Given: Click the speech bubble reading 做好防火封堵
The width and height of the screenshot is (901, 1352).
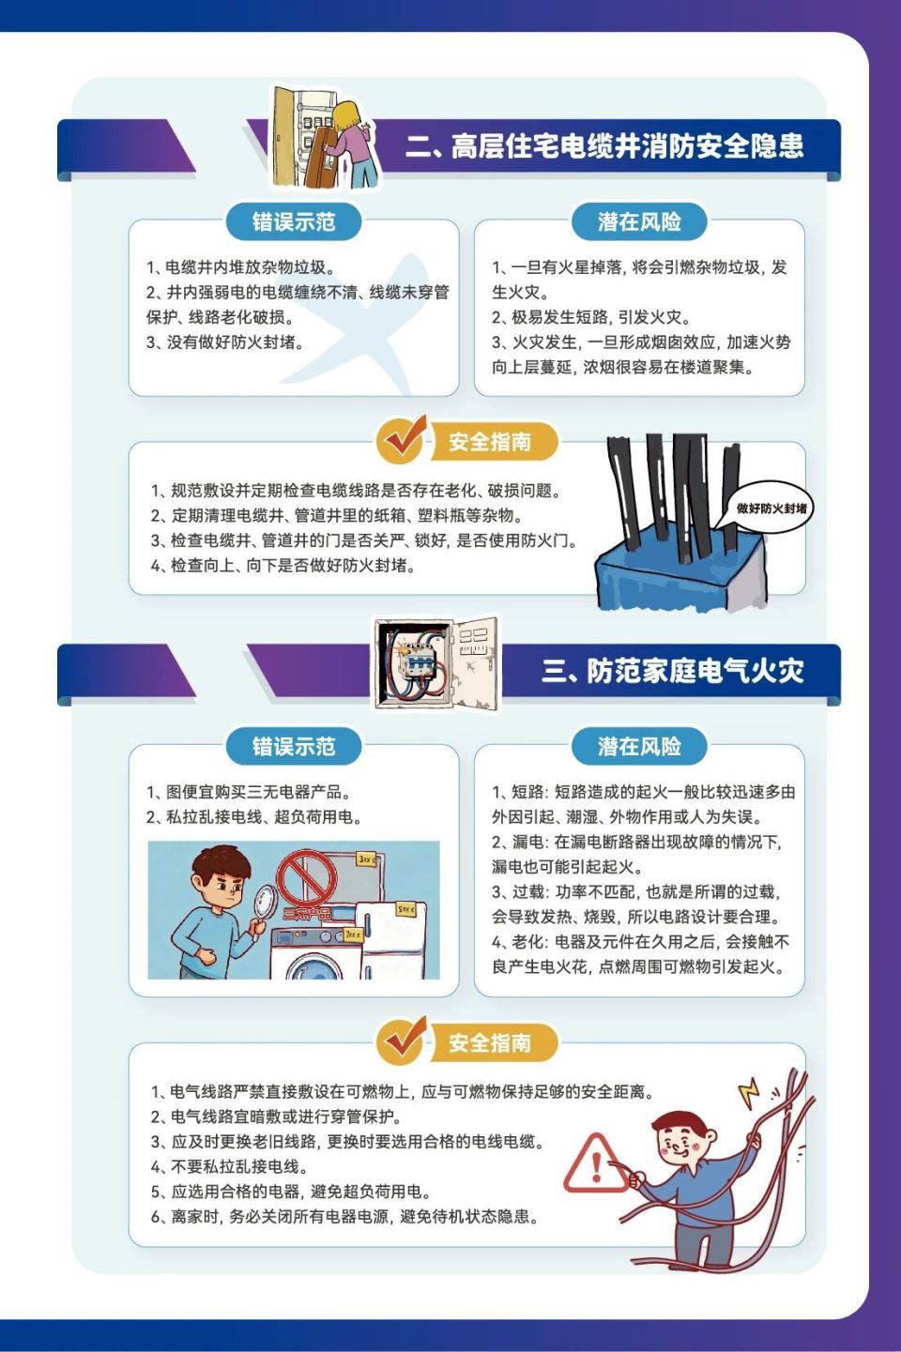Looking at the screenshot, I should (771, 509).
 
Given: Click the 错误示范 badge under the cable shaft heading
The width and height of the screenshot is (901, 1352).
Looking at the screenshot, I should (294, 222).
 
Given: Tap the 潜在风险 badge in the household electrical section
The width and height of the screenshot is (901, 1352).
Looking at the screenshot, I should (639, 747).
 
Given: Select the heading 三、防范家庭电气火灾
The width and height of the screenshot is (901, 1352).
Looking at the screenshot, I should (672, 672).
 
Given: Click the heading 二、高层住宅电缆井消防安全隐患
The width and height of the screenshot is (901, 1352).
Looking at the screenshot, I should (605, 146).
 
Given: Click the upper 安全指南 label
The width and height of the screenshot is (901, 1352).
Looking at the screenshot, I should (490, 442).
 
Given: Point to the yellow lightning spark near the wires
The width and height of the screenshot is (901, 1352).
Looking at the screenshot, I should (748, 1091).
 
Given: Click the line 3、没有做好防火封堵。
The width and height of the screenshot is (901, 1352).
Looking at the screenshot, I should (225, 342).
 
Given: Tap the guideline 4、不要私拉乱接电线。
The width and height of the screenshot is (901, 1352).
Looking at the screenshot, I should (230, 1167).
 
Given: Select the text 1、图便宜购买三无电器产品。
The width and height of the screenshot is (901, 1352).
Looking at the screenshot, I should (249, 792).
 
